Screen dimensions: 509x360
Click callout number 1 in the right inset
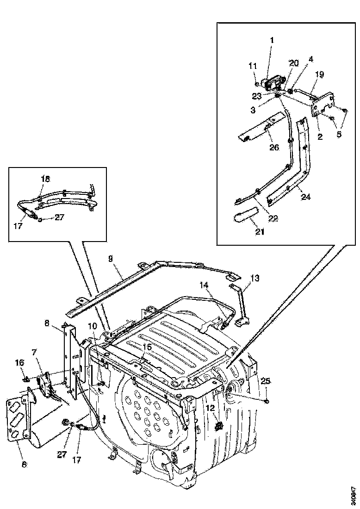[272, 40]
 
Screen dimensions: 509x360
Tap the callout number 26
[274, 148]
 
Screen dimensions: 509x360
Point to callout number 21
[260, 231]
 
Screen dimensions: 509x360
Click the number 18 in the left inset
[45, 179]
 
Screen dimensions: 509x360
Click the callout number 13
[254, 278]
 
